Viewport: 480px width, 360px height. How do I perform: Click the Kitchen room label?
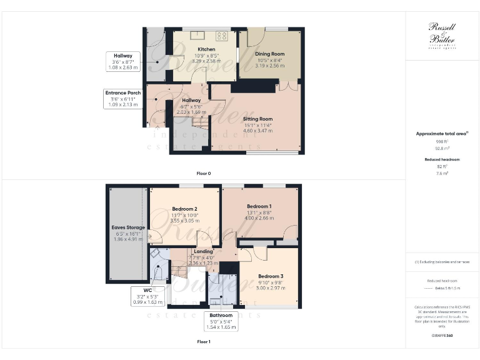(x=206, y=49)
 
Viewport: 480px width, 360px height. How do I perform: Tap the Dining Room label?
(x=269, y=54)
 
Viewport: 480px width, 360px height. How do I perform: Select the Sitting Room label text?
(x=257, y=119)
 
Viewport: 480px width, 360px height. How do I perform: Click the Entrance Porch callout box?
(x=124, y=99)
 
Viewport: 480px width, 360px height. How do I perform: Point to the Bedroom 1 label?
(x=259, y=206)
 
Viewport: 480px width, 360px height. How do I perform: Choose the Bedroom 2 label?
(x=184, y=209)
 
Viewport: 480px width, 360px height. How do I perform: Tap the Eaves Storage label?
(x=127, y=227)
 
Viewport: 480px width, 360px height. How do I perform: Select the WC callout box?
(x=147, y=296)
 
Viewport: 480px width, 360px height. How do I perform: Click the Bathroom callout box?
(x=221, y=321)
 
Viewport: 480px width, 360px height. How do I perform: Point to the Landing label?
(x=203, y=251)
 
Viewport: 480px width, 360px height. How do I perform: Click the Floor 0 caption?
(x=204, y=172)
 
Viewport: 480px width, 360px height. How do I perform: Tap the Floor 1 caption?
(x=204, y=342)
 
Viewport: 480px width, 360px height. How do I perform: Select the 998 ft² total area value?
(x=442, y=142)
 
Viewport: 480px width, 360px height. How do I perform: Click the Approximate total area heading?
(x=442, y=134)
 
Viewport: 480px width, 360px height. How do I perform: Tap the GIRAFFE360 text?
(x=442, y=336)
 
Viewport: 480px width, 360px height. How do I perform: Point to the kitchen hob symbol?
(x=221, y=36)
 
